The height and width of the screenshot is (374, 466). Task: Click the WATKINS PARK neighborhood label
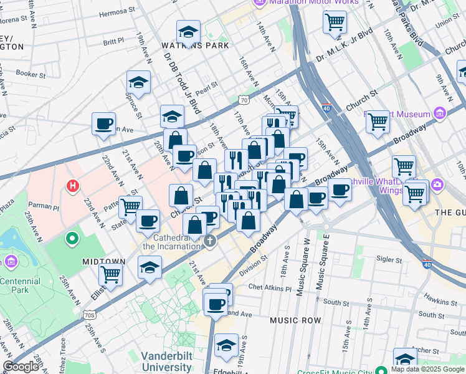pos(195,46)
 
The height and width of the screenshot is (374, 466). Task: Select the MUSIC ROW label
pos(295,320)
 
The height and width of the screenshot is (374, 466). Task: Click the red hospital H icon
pos(74,186)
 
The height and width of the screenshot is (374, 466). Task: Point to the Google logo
pos(21,367)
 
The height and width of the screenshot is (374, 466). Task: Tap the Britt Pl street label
pos(113,42)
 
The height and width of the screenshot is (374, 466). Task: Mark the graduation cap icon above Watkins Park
pos(188,31)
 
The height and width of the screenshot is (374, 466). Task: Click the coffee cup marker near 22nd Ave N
pos(103,123)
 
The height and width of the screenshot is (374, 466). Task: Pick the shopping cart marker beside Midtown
pos(110,273)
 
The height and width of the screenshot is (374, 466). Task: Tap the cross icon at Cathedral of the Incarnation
pos(211,241)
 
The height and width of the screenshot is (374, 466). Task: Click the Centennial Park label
pos(20,285)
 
